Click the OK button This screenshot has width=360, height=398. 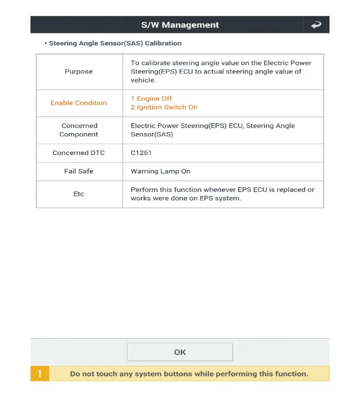[180, 352]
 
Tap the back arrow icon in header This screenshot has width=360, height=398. [316, 25]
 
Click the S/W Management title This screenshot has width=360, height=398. [180, 25]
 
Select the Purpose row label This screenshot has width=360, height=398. [79, 72]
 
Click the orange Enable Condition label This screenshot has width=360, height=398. [79, 103]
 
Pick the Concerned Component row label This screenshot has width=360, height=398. [79, 130]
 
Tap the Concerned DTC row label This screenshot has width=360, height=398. [79, 153]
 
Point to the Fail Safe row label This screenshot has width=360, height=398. [79, 171]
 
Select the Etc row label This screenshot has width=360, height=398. [79, 194]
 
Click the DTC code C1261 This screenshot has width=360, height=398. [141, 153]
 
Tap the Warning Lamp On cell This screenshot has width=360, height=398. [160, 171]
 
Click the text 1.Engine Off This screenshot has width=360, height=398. [151, 98]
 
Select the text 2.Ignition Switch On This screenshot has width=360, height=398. [164, 107]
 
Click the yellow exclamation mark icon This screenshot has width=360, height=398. [40, 373]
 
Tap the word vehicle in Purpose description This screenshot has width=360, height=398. [143, 80]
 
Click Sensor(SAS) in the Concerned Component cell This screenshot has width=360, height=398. [152, 134]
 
